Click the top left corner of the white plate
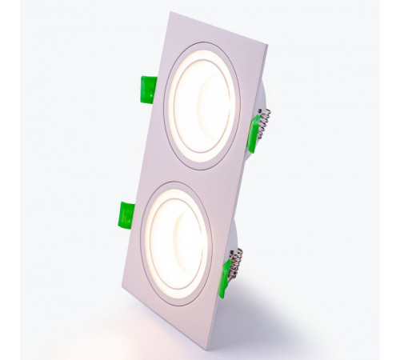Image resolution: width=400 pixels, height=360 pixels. (170, 14)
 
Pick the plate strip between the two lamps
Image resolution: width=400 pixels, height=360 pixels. (192, 175)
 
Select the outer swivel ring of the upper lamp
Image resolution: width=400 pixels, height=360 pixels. (170, 90)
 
